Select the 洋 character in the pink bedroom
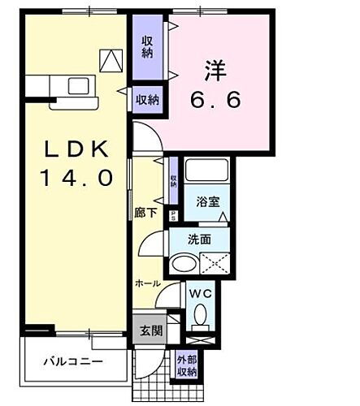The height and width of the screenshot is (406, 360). tap(214, 71)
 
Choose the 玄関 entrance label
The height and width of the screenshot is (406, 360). tap(150, 330)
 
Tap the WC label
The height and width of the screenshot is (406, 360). tap(200, 293)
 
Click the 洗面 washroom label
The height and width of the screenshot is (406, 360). tap(198, 241)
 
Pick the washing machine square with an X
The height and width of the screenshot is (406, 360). tap(215, 263)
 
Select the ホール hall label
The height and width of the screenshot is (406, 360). tap(146, 283)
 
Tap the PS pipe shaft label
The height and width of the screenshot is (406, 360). tap(174, 215)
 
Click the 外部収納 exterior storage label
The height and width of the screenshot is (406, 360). tap(186, 366)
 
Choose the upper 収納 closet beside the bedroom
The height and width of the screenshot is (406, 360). tap(147, 46)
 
